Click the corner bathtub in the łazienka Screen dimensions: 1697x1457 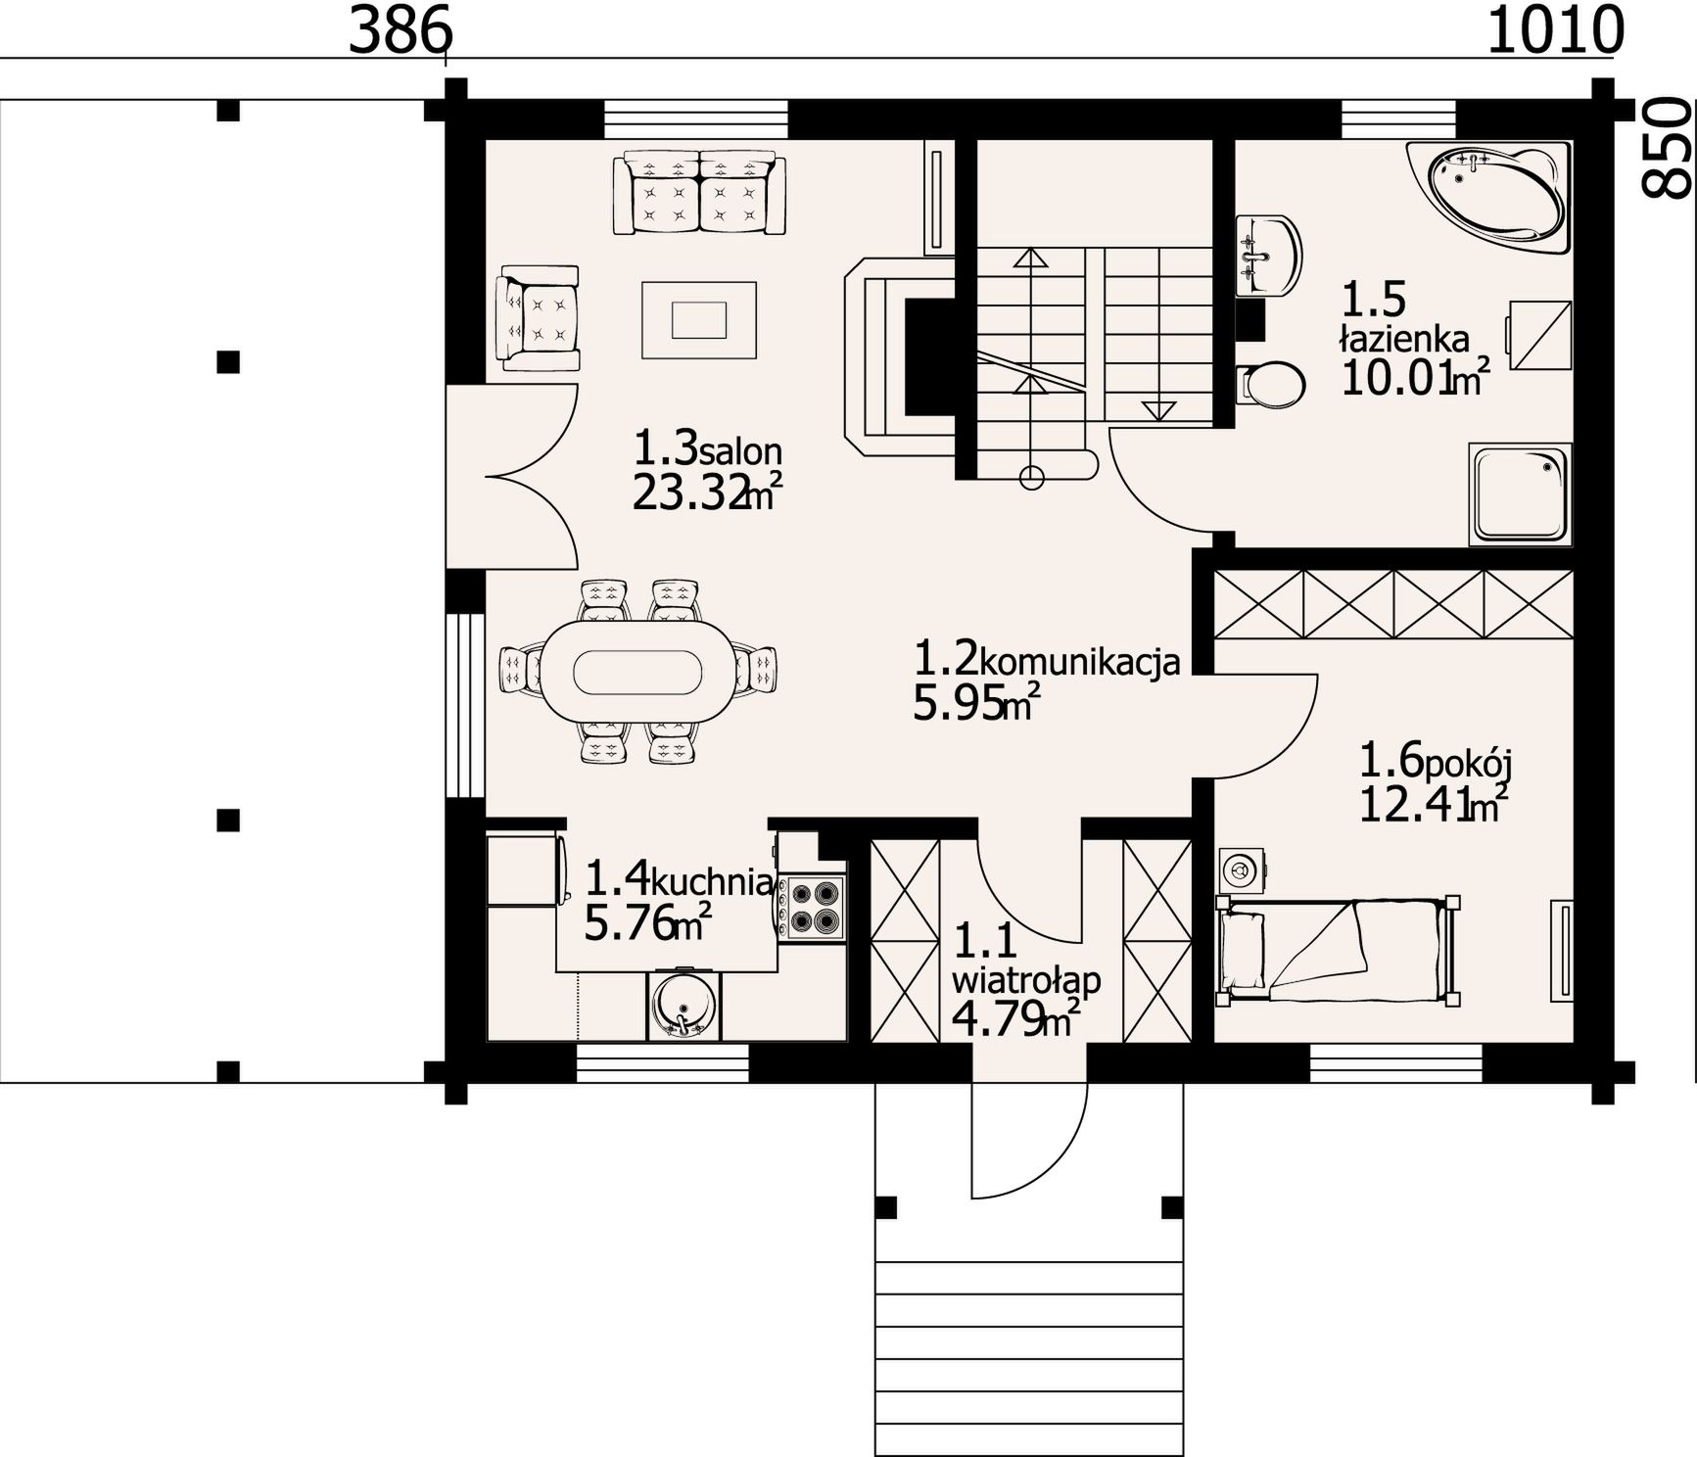[1492, 196]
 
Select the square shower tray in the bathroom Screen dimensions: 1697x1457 [1520, 493]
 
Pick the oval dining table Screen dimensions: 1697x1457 [637, 672]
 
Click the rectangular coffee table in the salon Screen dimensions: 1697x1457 [699, 319]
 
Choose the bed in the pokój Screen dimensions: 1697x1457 [1338, 949]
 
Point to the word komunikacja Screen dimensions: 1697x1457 [1079, 663]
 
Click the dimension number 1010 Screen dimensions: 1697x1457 [1555, 30]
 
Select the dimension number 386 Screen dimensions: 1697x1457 [400, 31]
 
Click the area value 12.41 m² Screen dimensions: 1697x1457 [1433, 804]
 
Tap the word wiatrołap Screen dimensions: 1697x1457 [1026, 979]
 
